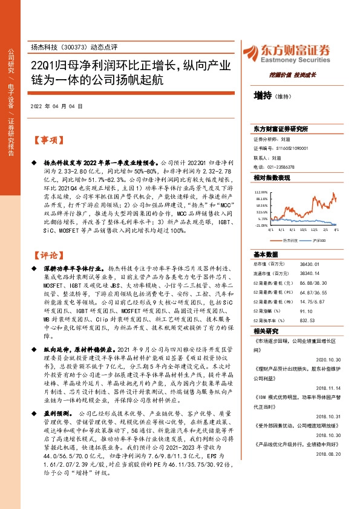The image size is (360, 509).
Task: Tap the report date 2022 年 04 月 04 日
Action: [56, 105]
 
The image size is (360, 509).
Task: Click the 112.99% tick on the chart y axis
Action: [260, 190]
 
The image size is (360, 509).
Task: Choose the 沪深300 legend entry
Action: [318, 241]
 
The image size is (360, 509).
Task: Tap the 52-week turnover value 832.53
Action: [309, 321]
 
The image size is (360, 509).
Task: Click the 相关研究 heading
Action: [266, 332]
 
